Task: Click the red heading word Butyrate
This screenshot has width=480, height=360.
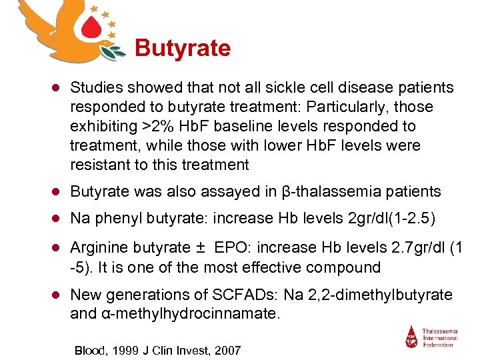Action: pos(183,49)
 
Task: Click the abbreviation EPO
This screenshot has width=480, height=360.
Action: pos(229,248)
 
